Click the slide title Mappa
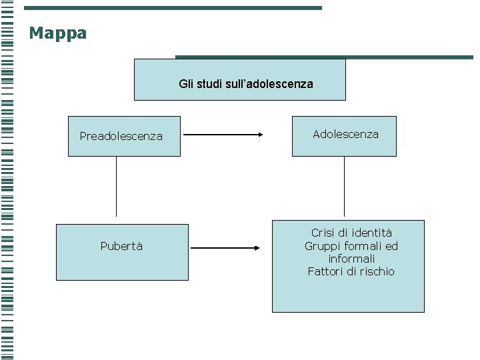[x=57, y=33]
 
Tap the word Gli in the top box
[x=185, y=84]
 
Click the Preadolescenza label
[x=121, y=136]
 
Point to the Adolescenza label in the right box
[x=345, y=134]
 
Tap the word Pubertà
[x=121, y=246]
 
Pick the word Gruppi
[x=321, y=246]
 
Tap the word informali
[x=351, y=259]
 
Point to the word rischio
[x=377, y=271]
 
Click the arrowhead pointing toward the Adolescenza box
[x=260, y=134]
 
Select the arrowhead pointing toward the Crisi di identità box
[x=257, y=248]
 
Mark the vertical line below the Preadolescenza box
[x=117, y=187]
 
